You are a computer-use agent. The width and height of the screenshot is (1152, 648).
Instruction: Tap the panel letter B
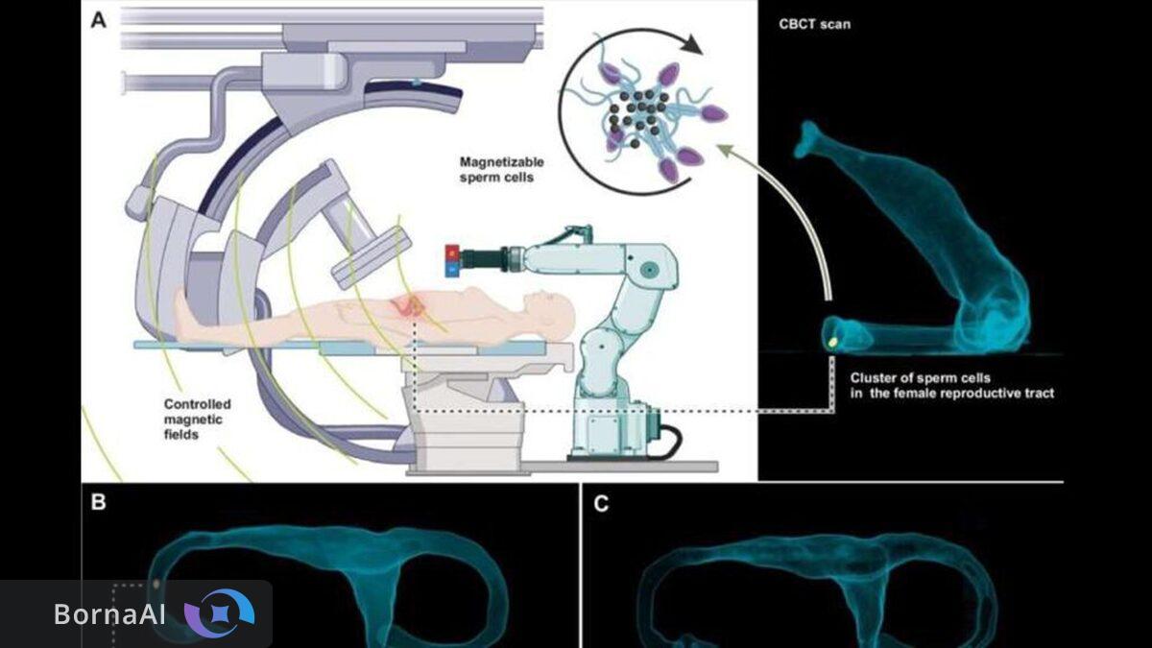tap(99, 503)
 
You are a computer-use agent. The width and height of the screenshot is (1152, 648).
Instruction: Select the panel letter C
tap(601, 503)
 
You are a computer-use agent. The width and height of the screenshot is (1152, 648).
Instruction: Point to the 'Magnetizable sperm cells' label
tap(497, 170)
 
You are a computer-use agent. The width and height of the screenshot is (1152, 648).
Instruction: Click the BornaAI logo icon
tap(219, 613)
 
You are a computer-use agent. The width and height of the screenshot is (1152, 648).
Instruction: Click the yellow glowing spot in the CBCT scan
tap(832, 339)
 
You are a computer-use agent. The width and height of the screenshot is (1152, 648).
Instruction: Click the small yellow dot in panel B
tap(156, 584)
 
